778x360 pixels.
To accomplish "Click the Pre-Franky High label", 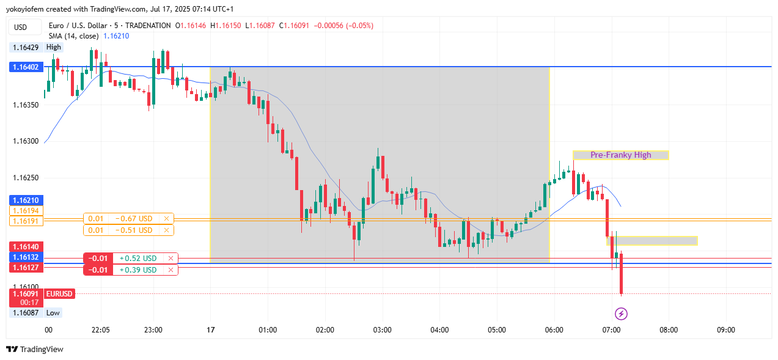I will click(620, 155).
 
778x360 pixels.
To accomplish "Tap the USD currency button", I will click(21, 27).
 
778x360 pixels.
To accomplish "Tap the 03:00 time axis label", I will click(382, 330).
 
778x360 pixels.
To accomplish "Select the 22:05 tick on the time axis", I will click(100, 330).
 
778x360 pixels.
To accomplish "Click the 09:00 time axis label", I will click(725, 330).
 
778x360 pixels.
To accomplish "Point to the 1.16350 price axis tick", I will click(26, 105).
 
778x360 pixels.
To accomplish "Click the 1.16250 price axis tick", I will click(26, 178).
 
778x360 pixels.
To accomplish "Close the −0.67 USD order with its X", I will click(166, 219).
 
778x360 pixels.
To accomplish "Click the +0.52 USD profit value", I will click(138, 259).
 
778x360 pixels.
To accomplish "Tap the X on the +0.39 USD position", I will click(171, 270).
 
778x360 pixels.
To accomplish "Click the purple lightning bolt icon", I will click(621, 314).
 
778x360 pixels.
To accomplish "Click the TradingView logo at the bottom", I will click(35, 350).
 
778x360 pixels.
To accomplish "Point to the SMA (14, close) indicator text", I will click(74, 36).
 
